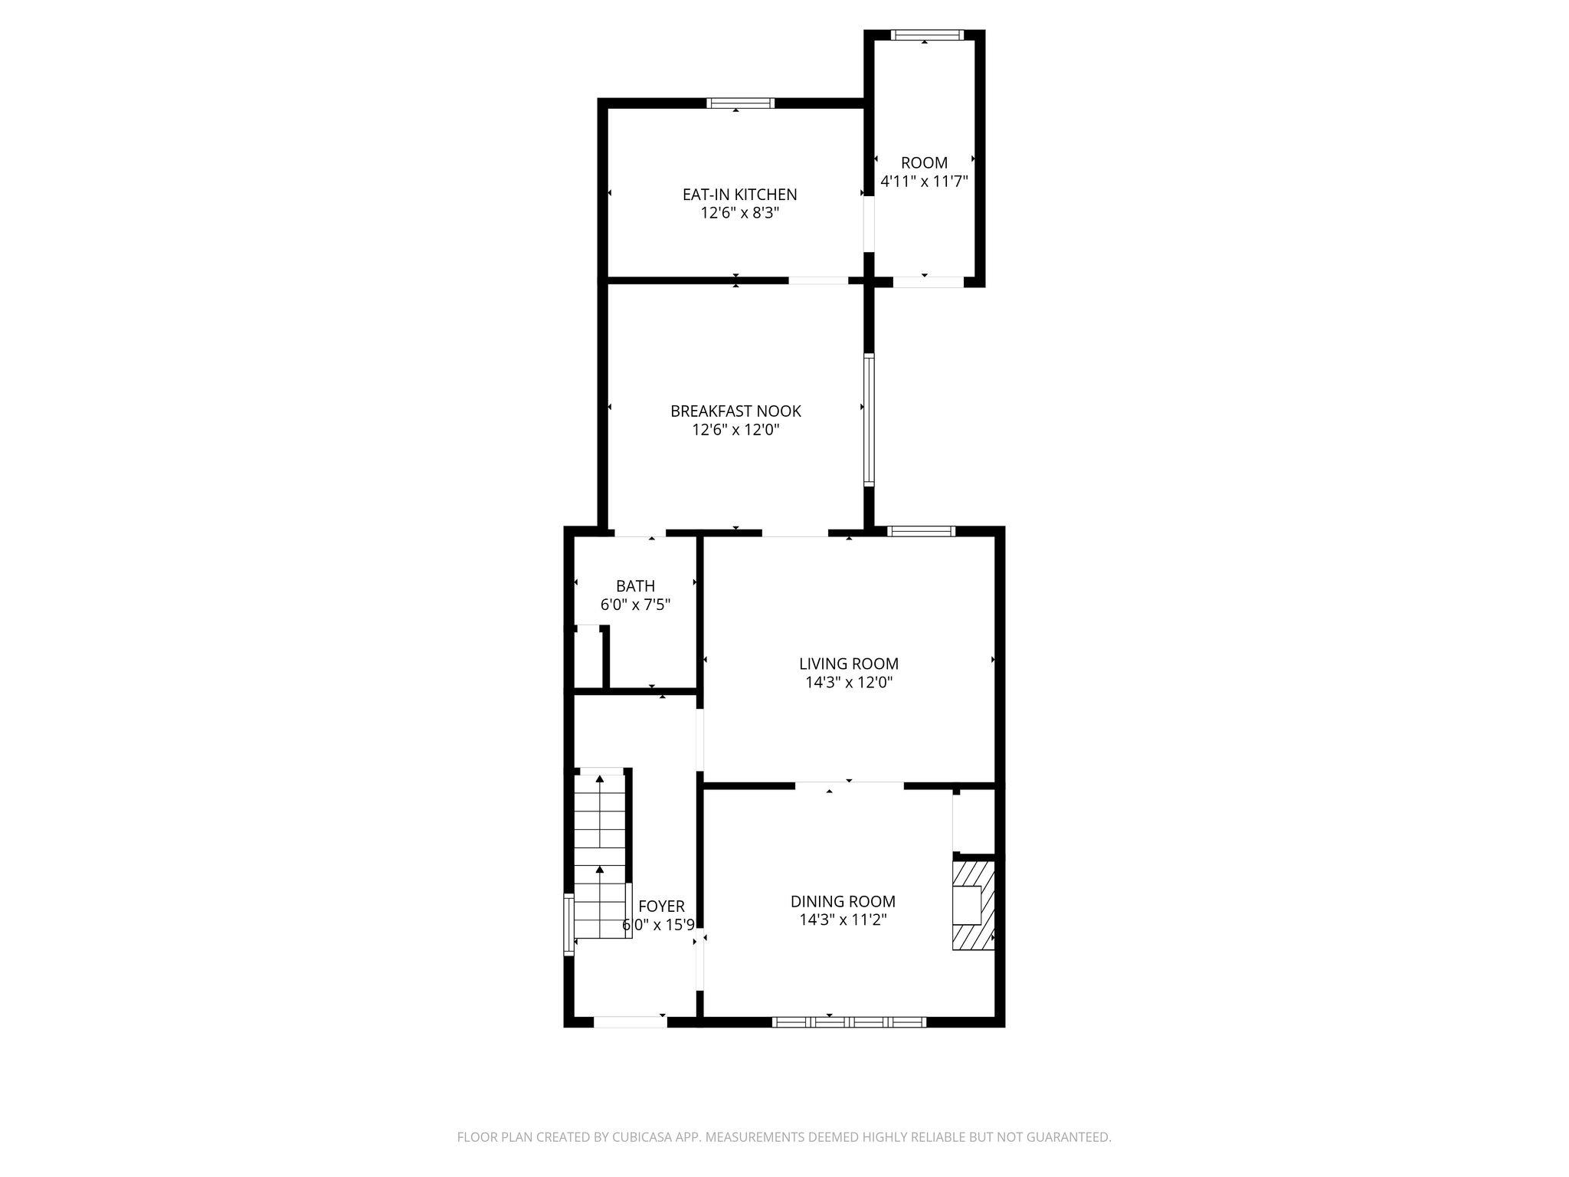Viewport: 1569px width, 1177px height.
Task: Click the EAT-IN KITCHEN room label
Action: click(739, 195)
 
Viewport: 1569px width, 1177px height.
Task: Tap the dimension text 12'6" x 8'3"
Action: click(739, 213)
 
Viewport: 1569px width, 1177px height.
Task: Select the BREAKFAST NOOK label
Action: click(735, 411)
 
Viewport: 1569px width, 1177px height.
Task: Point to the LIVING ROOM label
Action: click(848, 664)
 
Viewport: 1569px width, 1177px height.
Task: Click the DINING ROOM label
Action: click(843, 901)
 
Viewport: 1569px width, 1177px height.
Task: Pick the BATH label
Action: click(635, 586)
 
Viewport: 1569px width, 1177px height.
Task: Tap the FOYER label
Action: click(661, 907)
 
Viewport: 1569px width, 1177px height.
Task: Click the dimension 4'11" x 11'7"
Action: click(924, 182)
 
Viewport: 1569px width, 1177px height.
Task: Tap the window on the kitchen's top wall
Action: click(740, 103)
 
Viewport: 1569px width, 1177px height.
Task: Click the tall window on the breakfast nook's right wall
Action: click(869, 419)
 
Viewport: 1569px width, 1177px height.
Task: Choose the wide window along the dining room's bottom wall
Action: click(849, 1021)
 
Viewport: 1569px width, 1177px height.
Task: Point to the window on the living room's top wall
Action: click(921, 531)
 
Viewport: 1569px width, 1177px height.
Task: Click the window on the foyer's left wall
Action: click(568, 924)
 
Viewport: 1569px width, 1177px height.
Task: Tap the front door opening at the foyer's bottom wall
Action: click(630, 1021)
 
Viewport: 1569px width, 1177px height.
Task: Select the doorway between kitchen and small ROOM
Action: click(869, 225)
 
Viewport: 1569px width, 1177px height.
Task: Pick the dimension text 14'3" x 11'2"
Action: click(843, 920)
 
